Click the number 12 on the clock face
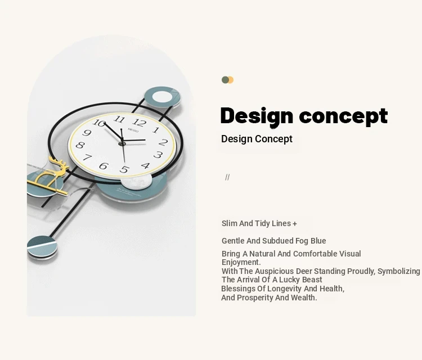click(x=140, y=123)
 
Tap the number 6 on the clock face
click(x=104, y=166)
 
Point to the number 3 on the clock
click(x=158, y=155)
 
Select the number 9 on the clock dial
click(x=87, y=133)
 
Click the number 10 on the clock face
click(x=99, y=123)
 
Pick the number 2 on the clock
click(x=163, y=142)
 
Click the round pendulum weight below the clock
click(x=42, y=247)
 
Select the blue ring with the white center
click(x=162, y=97)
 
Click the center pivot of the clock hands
click(x=122, y=143)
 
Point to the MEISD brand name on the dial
click(x=133, y=130)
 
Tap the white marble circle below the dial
click(x=136, y=181)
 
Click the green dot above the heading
click(x=225, y=80)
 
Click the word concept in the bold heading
click(x=343, y=116)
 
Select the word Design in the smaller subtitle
click(x=237, y=139)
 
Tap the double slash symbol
click(x=227, y=177)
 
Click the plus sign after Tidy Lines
click(x=295, y=223)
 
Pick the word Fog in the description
click(x=302, y=241)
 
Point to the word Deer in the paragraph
click(x=304, y=271)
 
